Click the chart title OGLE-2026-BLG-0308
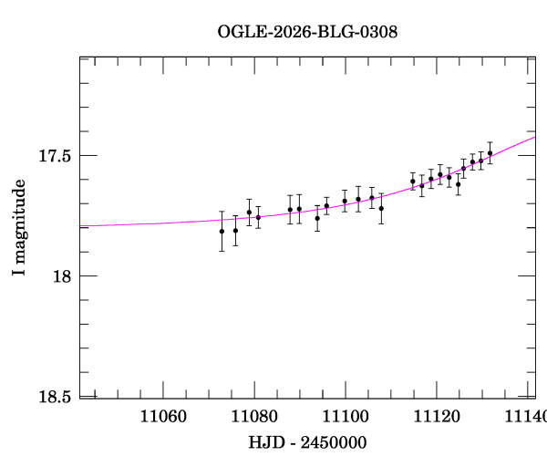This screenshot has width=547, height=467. [307, 32]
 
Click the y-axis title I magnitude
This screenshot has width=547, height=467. [19, 228]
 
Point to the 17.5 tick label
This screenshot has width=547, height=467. [56, 156]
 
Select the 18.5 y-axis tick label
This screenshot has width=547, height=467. [56, 397]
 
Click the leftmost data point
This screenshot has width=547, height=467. [222, 232]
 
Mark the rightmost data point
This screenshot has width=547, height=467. [490, 153]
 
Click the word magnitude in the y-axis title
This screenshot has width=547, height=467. [19, 218]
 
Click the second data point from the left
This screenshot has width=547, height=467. [235, 231]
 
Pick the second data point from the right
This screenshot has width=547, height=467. [481, 161]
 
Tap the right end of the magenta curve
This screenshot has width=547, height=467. [534, 137]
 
